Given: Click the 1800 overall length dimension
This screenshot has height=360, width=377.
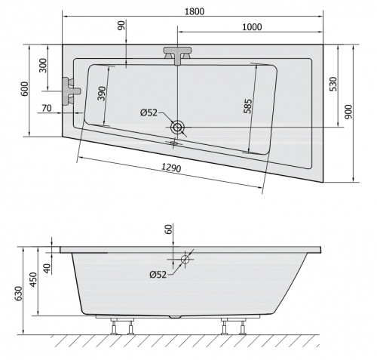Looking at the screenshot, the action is (195, 11).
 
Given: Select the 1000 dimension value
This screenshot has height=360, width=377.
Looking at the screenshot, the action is (252, 27).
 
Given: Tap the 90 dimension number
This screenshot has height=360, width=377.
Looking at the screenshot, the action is (121, 26).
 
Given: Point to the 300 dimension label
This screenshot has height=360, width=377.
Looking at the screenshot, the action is (43, 66).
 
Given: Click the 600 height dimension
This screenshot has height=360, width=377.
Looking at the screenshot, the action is (25, 89).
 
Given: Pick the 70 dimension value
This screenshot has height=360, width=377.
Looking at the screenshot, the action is (47, 108).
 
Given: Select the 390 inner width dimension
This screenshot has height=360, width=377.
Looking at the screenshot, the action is (102, 94).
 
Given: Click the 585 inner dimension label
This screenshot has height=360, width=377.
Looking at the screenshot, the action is (247, 106).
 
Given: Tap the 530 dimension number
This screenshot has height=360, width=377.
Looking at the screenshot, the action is (333, 84).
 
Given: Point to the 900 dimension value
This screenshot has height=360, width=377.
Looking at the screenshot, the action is (349, 112).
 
